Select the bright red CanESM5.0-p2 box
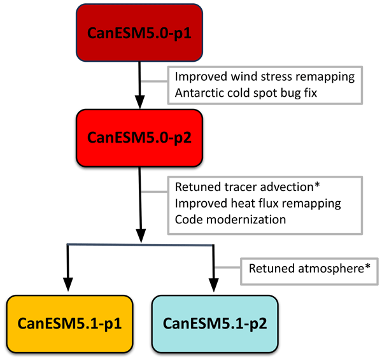tap(139, 137)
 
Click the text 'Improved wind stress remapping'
tap(264, 76)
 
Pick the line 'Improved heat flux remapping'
tap(257, 204)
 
